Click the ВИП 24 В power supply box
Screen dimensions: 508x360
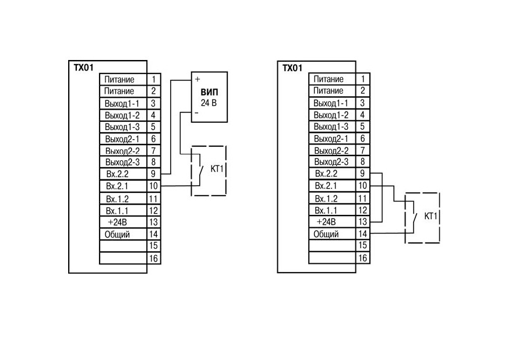[209, 97]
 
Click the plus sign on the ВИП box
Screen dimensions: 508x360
[197, 79]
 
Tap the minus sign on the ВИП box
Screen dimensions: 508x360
[197, 113]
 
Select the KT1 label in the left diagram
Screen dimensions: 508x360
[217, 169]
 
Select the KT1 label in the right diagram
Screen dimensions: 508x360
[431, 216]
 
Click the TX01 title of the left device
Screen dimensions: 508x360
[83, 68]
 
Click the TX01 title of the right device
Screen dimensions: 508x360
[292, 68]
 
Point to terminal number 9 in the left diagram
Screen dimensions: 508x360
[153, 174]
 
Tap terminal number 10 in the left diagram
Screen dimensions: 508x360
[153, 186]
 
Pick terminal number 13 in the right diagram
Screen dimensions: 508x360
[362, 221]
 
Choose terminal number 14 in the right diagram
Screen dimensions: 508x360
[362, 234]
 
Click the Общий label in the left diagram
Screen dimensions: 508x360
[117, 234]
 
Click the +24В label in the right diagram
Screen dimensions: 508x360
[326, 222]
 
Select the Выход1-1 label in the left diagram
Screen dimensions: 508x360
[122, 104]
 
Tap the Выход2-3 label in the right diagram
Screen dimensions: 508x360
[331, 162]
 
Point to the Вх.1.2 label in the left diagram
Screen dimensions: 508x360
[117, 199]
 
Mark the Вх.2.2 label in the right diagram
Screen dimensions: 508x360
[326, 174]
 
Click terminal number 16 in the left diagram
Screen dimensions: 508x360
[153, 258]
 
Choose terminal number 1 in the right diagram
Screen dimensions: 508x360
[363, 79]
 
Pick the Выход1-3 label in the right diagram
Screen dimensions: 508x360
[331, 126]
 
